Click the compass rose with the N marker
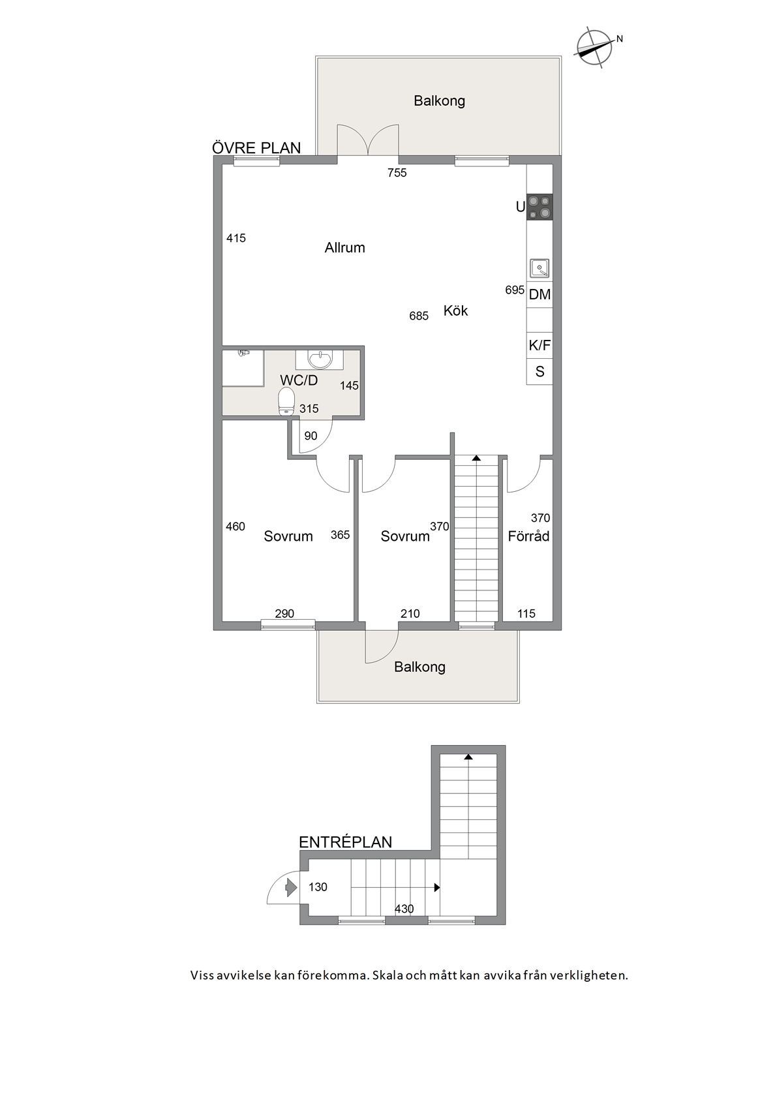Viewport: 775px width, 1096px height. pos(594,48)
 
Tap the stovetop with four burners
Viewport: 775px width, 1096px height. pos(539,207)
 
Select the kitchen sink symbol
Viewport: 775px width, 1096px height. pos(539,268)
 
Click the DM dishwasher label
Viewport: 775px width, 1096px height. pos(539,294)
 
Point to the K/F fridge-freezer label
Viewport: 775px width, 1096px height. pos(539,346)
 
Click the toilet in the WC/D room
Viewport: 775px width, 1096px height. pos(286,402)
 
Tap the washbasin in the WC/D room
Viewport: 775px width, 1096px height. pos(319,359)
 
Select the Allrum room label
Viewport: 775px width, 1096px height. pos(345,248)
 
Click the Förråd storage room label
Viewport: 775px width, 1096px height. pos(528,536)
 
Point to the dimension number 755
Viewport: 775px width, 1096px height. pos(397,173)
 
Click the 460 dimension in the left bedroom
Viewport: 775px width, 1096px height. pos(236,526)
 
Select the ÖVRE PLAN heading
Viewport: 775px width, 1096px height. pos(256,147)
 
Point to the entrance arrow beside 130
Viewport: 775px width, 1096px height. pos(291,887)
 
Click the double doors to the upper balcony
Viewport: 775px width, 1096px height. pos(367,140)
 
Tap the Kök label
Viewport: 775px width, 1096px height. pos(455,311)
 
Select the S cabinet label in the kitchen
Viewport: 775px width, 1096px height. pos(539,372)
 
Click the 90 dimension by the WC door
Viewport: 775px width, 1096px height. pos(311,436)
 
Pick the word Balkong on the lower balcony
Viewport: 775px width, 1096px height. pos(420,667)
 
